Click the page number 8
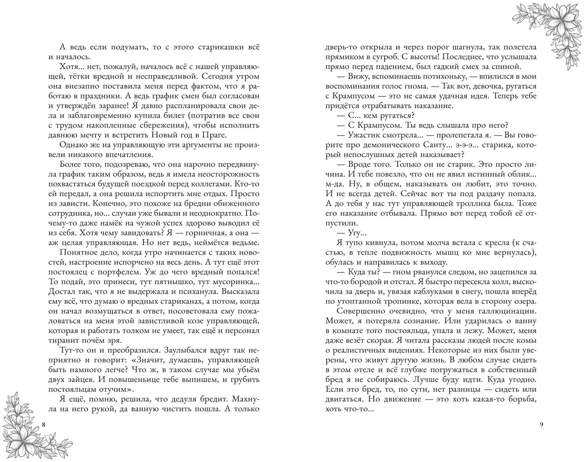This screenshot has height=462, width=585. click(x=44, y=425)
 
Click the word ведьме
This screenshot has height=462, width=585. click(x=242, y=242)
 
